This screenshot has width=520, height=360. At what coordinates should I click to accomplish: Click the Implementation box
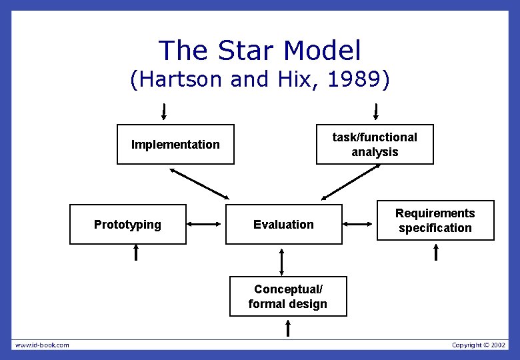175,144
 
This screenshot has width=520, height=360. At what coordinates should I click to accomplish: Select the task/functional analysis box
375,144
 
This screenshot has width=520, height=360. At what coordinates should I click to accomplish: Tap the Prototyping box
127,224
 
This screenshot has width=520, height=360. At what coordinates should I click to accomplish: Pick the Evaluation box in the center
283,224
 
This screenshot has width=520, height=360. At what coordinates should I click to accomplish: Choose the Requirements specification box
435,220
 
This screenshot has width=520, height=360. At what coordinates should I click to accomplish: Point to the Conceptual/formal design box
288,296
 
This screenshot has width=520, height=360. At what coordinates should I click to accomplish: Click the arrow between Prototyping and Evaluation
205,225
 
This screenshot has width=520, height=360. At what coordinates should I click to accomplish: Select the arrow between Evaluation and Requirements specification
359,225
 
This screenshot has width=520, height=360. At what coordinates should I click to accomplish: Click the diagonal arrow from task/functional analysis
351,183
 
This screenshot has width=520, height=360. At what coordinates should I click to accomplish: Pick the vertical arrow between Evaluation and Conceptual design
282,261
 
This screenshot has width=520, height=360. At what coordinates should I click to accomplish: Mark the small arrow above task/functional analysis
376,110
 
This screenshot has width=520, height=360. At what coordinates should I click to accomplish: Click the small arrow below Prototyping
136,252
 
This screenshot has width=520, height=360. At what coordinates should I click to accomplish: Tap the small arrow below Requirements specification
437,252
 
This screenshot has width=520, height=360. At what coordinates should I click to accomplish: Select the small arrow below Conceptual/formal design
288,327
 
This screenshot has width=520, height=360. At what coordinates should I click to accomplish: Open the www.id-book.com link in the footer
42,345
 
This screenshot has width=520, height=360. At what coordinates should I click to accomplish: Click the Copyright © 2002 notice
479,345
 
